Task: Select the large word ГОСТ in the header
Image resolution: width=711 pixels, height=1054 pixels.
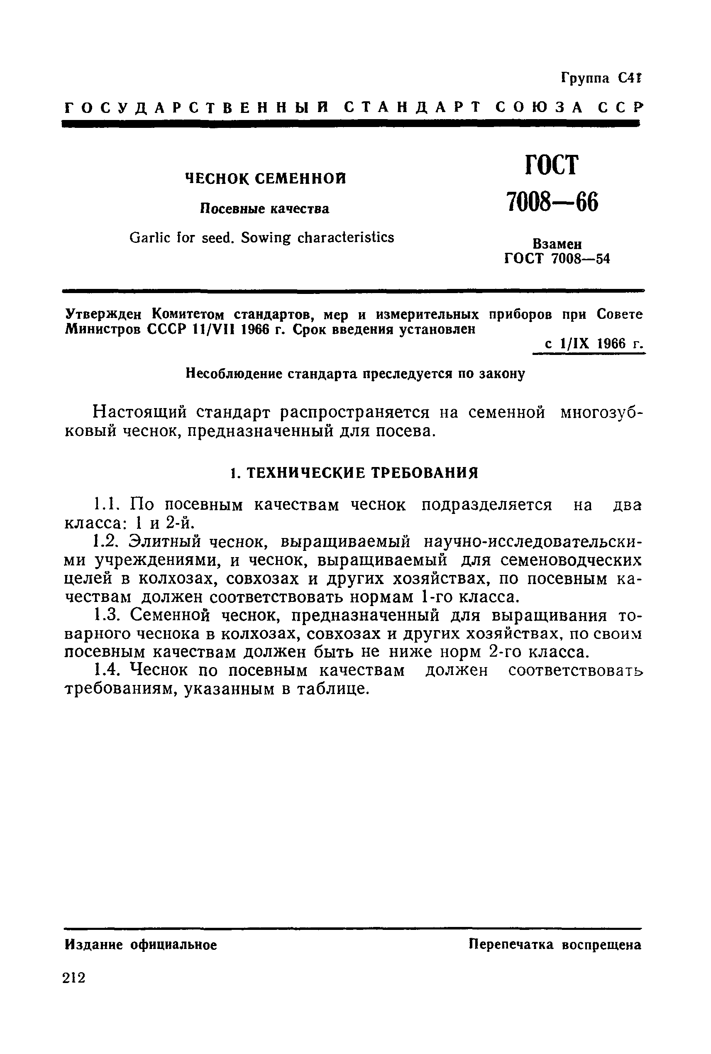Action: pos(552,165)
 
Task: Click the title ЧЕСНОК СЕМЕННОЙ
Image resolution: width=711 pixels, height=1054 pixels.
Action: pos(266,179)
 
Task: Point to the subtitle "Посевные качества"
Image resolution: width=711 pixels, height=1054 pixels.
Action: pos(265,209)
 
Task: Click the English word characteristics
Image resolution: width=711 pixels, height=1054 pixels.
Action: pos(345,237)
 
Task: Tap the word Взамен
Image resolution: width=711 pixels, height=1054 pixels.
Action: pos(557,244)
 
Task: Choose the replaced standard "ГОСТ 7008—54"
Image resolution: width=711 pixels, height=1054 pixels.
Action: pos(557,259)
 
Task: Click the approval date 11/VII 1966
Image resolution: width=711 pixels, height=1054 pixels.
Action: pos(232,330)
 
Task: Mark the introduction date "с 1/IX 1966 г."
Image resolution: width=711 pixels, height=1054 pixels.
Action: pos(589,343)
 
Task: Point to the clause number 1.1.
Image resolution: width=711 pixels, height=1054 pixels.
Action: pos(106,504)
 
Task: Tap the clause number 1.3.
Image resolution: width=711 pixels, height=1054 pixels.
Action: pos(106,616)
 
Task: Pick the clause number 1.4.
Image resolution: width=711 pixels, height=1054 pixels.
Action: pos(106,670)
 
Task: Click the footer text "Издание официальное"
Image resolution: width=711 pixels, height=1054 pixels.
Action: pos(141,945)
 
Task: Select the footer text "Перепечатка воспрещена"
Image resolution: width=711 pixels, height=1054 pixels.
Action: pos(555,944)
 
